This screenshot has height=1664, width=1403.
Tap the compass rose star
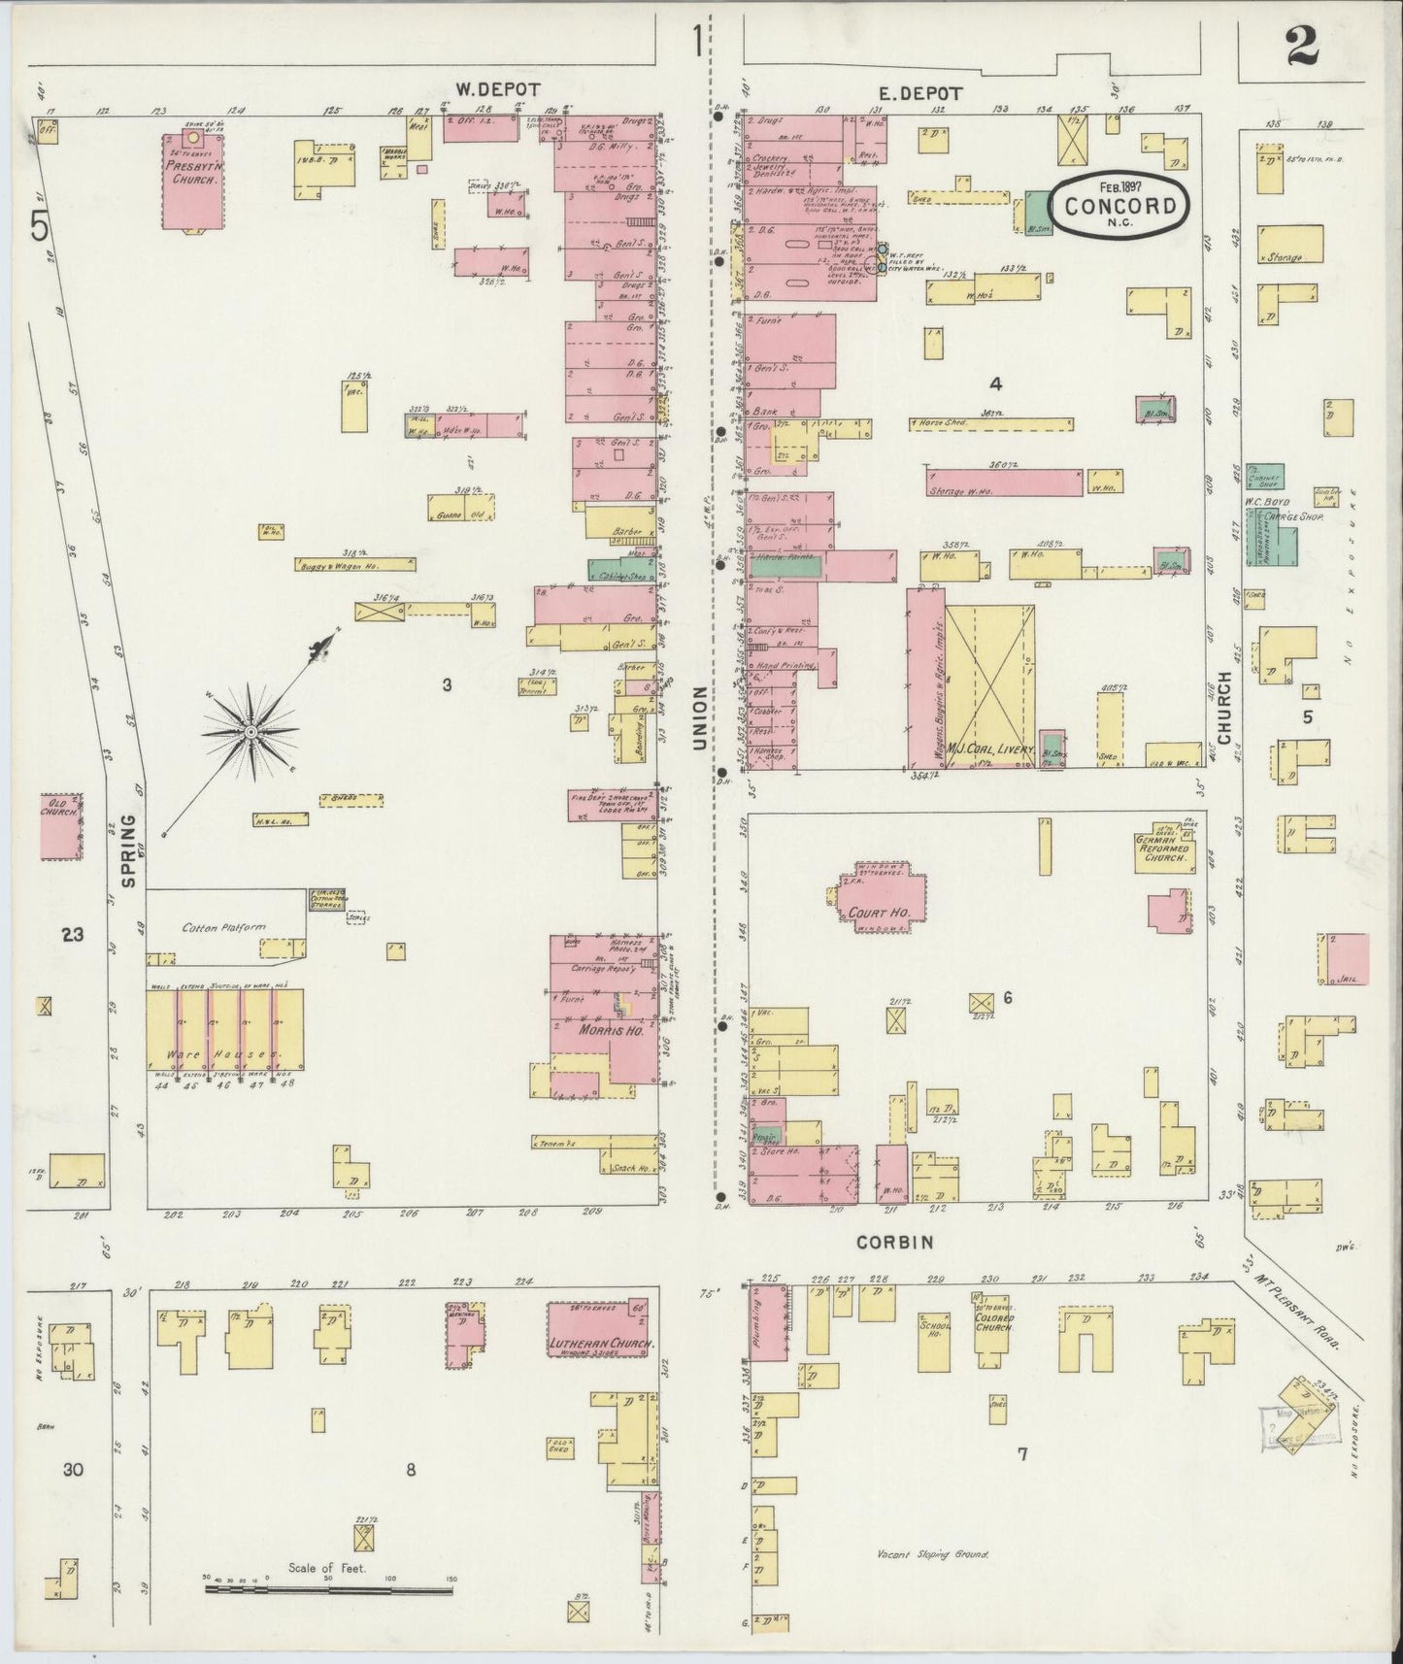(251, 730)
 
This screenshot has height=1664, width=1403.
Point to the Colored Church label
(993, 1320)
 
